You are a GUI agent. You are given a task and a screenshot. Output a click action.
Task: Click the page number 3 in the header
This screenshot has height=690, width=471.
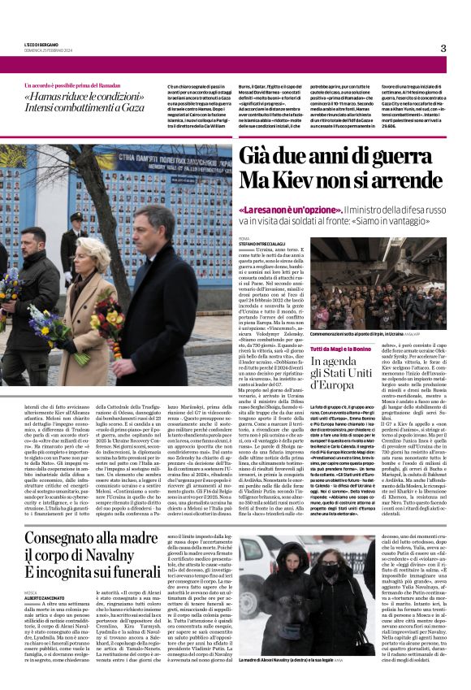coord(443,48)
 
